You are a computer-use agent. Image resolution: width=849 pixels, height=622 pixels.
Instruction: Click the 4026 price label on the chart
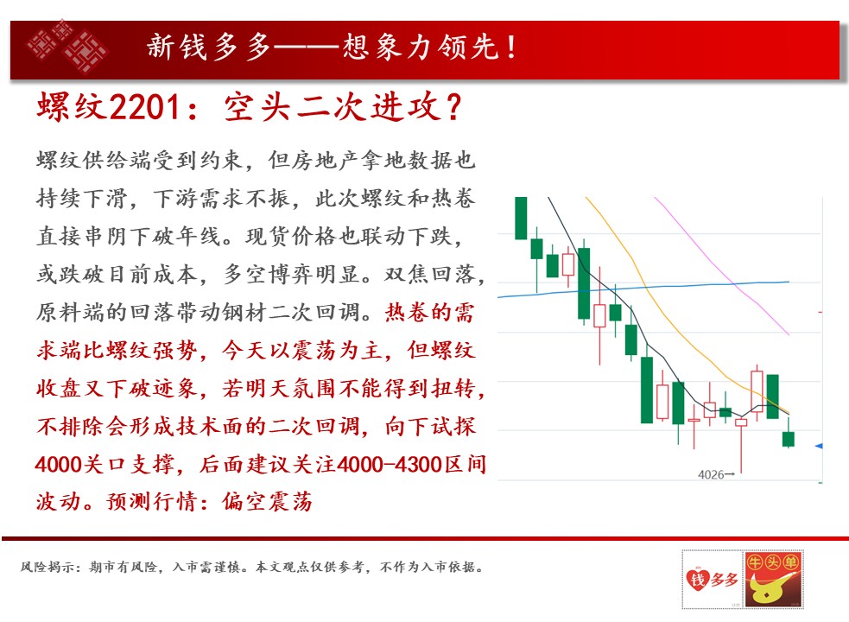711,474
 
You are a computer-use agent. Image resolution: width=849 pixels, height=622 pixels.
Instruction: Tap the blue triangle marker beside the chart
819,446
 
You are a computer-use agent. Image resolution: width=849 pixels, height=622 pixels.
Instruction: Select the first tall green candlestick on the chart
521,219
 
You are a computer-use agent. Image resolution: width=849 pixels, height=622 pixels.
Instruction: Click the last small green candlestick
789,439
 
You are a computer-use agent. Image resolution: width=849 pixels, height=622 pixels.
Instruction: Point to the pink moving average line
720,265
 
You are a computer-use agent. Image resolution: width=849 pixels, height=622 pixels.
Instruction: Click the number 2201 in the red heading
144,107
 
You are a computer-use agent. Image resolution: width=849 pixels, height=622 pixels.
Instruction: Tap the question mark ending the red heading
453,107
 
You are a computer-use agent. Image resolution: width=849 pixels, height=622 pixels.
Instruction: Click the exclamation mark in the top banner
511,47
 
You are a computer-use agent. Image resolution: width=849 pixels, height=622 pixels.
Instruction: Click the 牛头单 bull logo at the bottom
773,579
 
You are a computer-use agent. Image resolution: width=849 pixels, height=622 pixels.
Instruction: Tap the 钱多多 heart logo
712,580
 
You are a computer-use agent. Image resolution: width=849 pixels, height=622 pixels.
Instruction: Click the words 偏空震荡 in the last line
267,502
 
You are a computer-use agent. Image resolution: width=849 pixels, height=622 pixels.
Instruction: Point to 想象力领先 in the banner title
421,47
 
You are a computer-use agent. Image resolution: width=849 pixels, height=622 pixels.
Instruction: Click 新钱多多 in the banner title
208,47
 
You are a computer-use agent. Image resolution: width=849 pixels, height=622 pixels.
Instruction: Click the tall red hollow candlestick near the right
757,391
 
